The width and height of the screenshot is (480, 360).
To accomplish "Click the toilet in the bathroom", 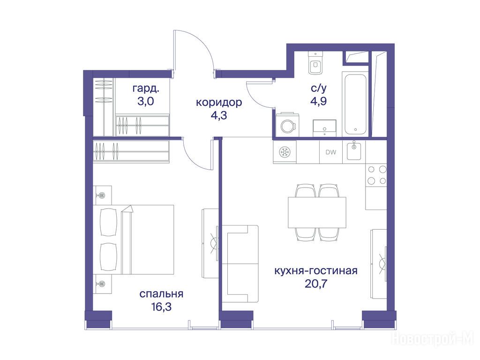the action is (x=315, y=63).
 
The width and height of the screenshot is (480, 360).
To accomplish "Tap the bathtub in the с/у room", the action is (x=355, y=104).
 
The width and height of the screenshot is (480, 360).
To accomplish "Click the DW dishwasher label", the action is (x=330, y=152).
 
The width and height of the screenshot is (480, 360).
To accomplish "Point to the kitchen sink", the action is (x=354, y=151).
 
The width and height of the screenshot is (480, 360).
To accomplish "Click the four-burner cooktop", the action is (x=377, y=175).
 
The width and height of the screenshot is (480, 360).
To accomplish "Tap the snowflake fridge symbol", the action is (x=285, y=152).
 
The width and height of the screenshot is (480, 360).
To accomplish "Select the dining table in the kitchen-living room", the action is (x=317, y=212).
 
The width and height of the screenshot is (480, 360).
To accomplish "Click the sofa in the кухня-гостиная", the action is (x=240, y=264).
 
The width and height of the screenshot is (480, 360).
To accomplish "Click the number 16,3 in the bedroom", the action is (x=161, y=307).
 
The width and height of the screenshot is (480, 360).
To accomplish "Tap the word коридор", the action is (x=219, y=103).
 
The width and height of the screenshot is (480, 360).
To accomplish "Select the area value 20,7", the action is (x=316, y=284).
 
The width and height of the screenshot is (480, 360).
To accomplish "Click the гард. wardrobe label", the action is (x=146, y=89).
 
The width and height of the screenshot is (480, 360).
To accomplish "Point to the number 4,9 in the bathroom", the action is (x=318, y=101).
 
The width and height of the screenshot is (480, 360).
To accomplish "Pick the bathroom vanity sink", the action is (x=324, y=128).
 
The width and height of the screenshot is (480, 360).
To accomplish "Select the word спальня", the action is (x=161, y=294).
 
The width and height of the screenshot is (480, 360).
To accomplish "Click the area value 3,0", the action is (x=146, y=101).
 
